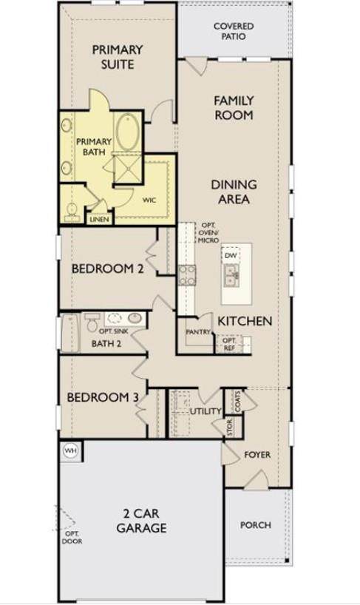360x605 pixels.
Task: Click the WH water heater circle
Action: pyautogui.click(x=70, y=450)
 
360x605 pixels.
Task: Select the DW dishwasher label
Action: pyautogui.click(x=231, y=255)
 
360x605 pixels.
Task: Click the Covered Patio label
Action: pyautogui.click(x=234, y=31)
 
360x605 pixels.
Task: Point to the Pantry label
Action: pyautogui.click(x=198, y=332)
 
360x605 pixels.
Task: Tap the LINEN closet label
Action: pyautogui.click(x=100, y=220)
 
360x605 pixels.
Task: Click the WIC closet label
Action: pyautogui.click(x=149, y=200)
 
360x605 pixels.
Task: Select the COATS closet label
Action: pyautogui.click(x=237, y=402)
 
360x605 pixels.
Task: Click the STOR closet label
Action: pyautogui.click(x=230, y=427)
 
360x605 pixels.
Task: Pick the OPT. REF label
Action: pyautogui.click(x=229, y=344)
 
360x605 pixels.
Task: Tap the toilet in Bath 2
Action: pyautogui.click(x=92, y=322)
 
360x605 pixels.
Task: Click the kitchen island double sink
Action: pyautogui.click(x=231, y=275)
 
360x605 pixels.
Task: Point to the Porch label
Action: pyautogui.click(x=256, y=524)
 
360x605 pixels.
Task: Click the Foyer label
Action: pyautogui.click(x=257, y=455)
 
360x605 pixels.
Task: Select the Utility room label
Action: pyautogui.click(x=206, y=411)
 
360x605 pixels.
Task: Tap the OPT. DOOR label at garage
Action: pyautogui.click(x=72, y=538)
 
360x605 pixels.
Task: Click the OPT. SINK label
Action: pyautogui.click(x=114, y=331)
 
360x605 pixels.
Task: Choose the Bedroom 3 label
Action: pyautogui.click(x=103, y=397)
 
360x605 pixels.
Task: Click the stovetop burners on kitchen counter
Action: pyautogui.click(x=187, y=275)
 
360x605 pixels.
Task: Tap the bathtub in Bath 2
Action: pyautogui.click(x=70, y=334)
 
